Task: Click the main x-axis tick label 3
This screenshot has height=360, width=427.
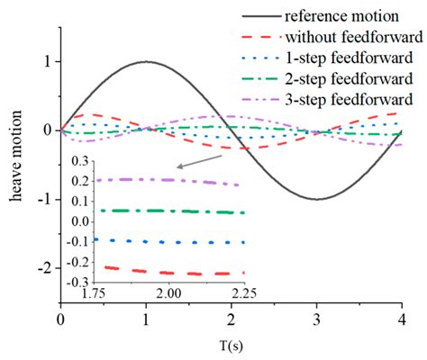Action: click(x=316, y=319)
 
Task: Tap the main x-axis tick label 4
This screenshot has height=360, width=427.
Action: click(x=401, y=319)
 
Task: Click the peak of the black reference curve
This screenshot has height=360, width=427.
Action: click(x=146, y=62)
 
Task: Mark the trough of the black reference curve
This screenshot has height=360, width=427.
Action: click(x=316, y=199)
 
